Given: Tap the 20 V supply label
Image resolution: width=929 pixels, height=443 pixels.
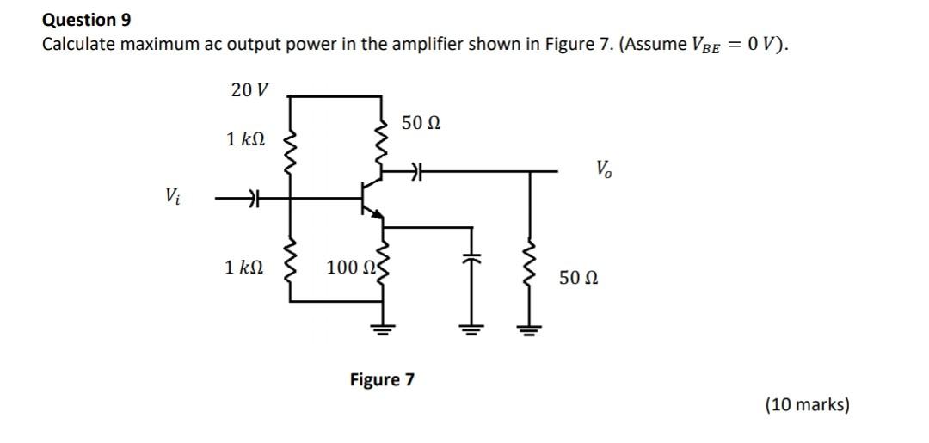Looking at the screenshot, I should point(249,89).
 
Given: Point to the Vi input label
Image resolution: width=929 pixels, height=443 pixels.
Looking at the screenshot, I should point(174,197).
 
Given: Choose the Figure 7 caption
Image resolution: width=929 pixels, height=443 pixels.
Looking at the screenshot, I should point(381,379).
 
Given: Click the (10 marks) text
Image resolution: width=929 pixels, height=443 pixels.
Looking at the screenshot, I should point(807,403).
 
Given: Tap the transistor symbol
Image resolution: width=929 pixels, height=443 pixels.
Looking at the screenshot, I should point(372,199).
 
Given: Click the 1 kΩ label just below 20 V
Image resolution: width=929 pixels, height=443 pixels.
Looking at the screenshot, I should point(245,138).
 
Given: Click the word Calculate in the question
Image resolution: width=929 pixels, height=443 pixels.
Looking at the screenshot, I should point(77,44).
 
